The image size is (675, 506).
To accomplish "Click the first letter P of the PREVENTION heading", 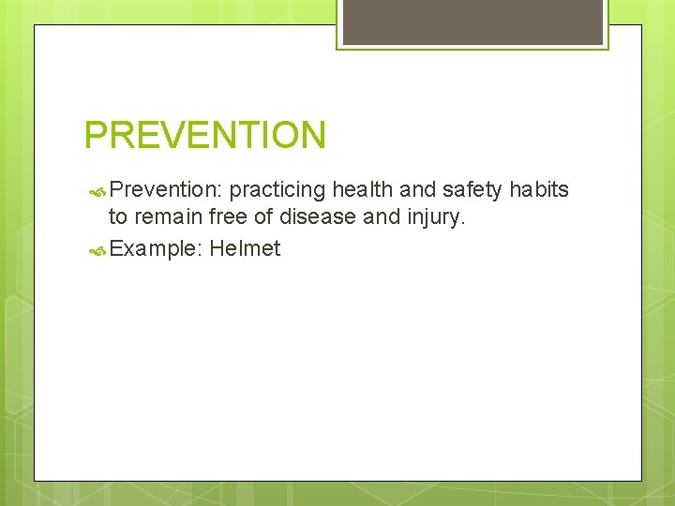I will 95,135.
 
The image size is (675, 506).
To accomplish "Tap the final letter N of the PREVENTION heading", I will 313,135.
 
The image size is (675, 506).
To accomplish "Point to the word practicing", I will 277,190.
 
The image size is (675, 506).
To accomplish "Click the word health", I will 363,190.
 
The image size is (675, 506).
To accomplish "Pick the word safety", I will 472,190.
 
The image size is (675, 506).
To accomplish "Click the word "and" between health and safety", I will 417,190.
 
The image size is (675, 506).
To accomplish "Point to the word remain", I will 168,218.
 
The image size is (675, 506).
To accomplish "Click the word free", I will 231,218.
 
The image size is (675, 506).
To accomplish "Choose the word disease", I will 314,218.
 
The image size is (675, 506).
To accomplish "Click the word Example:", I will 157,248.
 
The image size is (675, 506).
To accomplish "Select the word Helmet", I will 245,248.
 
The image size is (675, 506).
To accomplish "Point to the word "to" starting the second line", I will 118,218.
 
